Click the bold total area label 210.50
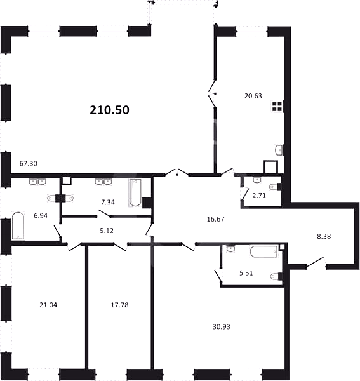(x=109, y=110)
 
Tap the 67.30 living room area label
(x=28, y=164)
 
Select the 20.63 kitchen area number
(x=253, y=96)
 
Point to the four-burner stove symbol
(x=277, y=107)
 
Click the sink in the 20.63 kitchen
(x=279, y=150)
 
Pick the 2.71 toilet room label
(x=259, y=196)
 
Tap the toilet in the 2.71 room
(x=275, y=187)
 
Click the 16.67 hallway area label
(x=215, y=219)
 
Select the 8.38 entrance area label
(x=324, y=236)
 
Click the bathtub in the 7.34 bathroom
(x=135, y=193)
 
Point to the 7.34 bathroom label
(x=108, y=202)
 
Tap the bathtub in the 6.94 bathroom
(x=18, y=225)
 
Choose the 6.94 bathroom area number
(x=41, y=215)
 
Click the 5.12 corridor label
(x=107, y=231)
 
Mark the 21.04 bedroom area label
(x=48, y=305)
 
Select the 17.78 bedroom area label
(x=119, y=305)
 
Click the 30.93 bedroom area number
(x=222, y=327)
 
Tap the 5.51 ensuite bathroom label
(x=246, y=273)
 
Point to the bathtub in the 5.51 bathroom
(x=263, y=251)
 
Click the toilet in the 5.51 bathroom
(x=276, y=276)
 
